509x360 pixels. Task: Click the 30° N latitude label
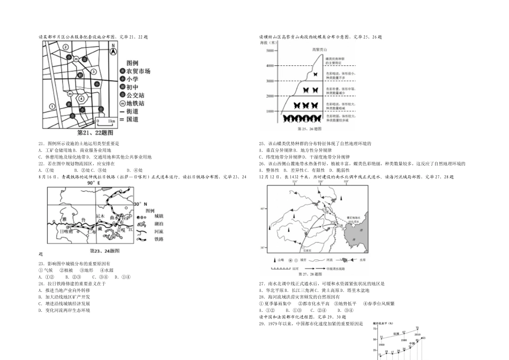[x=140, y=204]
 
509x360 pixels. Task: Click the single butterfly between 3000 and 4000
[x=315, y=74]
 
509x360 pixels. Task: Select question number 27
[x=261, y=283]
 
